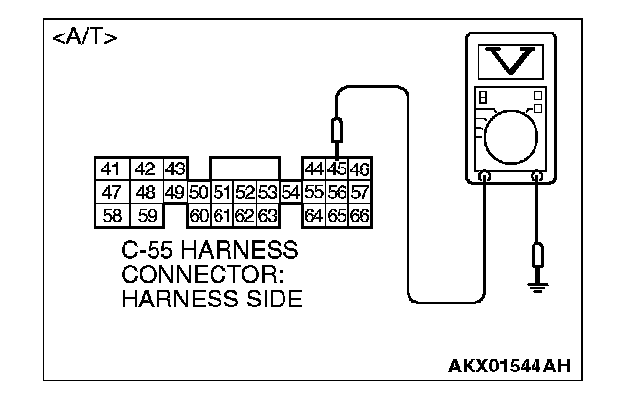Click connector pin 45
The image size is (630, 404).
[338, 168]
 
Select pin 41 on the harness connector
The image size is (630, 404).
[109, 168]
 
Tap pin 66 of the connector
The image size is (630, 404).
[359, 213]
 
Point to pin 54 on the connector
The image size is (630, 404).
[289, 191]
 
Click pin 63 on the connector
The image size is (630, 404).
[266, 213]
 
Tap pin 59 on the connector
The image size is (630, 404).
[145, 213]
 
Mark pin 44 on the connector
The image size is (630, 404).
[315, 168]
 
